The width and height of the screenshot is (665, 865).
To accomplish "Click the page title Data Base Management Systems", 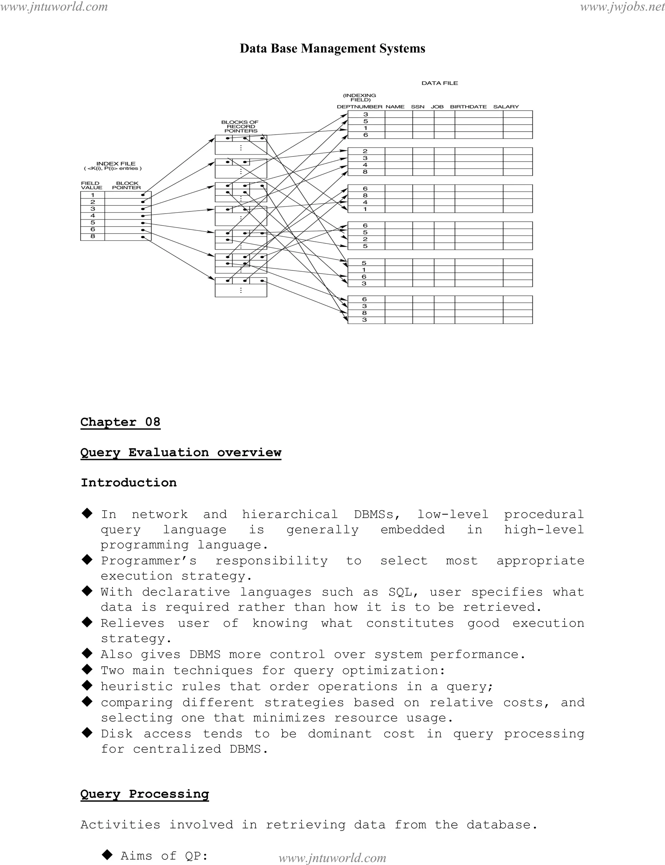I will click(332, 48).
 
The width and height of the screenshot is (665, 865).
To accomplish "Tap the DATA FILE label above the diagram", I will click(439, 83).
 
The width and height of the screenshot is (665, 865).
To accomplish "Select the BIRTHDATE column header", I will click(468, 107).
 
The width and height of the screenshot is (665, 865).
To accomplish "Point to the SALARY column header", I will click(506, 107).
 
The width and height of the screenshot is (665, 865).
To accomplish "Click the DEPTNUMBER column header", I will click(359, 107).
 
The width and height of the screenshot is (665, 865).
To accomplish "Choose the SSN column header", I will click(417, 107).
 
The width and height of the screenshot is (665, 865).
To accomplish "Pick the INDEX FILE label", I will click(116, 163).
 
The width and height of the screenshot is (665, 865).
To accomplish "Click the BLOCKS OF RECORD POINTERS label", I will click(240, 127).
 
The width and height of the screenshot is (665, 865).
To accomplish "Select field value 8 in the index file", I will click(93, 237).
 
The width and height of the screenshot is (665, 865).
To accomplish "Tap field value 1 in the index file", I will click(93, 195).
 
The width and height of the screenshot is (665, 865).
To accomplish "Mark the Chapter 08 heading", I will click(120, 422).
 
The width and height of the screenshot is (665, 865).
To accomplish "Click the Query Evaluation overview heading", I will click(181, 452).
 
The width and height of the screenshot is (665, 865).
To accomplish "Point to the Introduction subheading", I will click(129, 483).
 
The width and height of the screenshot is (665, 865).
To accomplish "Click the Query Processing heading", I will click(144, 794).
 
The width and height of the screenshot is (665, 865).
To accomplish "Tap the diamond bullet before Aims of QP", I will click(107, 855).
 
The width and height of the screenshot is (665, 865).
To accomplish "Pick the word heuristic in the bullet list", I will click(137, 686).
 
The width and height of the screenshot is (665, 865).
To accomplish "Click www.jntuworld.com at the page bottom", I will click(332, 858).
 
